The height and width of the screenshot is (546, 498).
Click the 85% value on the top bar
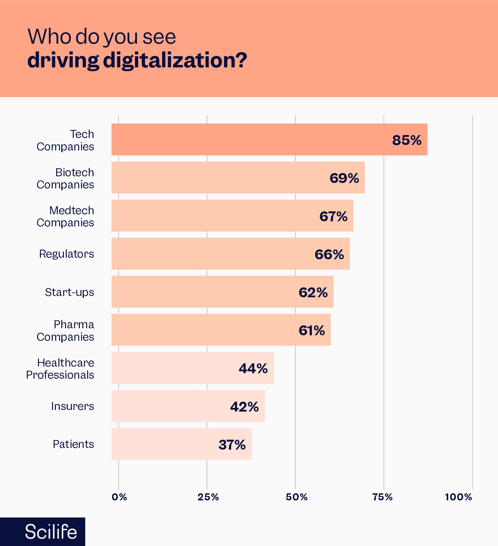[x=407, y=140]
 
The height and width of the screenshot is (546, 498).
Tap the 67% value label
[x=333, y=216]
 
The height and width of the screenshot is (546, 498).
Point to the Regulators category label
[x=66, y=254]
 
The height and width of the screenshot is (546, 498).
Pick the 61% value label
[x=312, y=330]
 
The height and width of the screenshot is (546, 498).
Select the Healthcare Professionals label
[x=60, y=368]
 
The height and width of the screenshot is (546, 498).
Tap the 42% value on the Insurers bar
[x=245, y=407]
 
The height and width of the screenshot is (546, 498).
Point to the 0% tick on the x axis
[x=119, y=497]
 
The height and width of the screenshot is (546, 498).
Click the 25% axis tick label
[x=208, y=497]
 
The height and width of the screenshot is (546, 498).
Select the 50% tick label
[x=297, y=497]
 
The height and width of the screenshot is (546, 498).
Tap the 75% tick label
[x=382, y=497]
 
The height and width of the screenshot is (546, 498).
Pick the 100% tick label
[x=458, y=497]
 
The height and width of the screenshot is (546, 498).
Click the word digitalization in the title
[x=175, y=60]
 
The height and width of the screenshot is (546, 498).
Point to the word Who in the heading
[x=49, y=37]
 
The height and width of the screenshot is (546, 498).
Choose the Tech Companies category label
[x=65, y=140]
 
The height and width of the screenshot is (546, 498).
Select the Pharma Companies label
[x=65, y=330]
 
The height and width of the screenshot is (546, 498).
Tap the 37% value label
[x=232, y=445]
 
